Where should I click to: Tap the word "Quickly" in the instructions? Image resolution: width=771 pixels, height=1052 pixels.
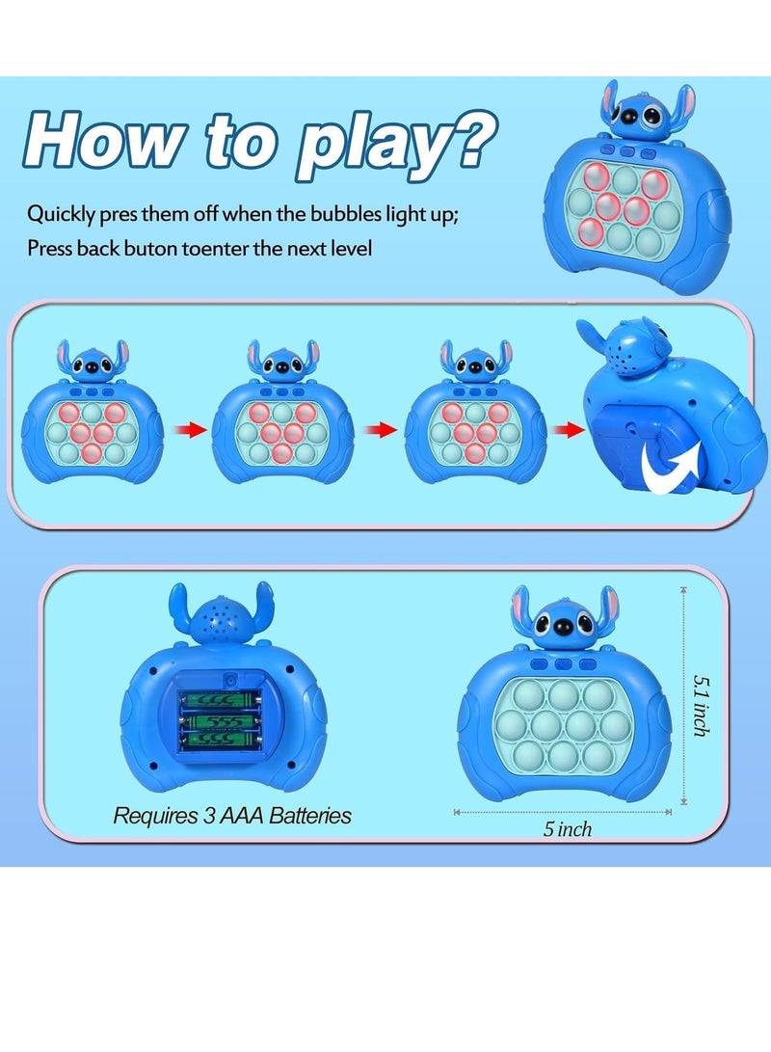click(x=62, y=212)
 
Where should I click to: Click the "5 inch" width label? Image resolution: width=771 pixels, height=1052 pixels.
click(x=568, y=829)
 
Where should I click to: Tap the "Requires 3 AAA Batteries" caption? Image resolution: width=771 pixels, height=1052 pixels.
click(x=232, y=816)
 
